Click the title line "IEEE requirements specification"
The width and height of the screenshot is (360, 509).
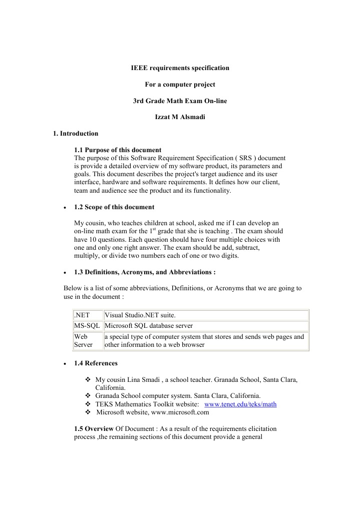(x=180, y=67)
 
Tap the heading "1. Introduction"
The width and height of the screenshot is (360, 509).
(x=76, y=134)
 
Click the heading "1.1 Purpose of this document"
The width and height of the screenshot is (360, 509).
(x=117, y=150)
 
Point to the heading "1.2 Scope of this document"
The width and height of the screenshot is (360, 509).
(x=114, y=207)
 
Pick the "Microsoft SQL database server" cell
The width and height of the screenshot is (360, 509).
(x=148, y=326)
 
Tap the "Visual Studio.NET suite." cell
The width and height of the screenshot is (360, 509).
(x=140, y=315)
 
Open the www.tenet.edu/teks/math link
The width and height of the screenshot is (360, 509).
(x=241, y=404)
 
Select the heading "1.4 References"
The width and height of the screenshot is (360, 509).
(x=96, y=363)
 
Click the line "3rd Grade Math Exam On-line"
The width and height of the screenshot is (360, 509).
(x=180, y=101)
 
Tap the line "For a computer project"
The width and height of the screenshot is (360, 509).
(x=180, y=84)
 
